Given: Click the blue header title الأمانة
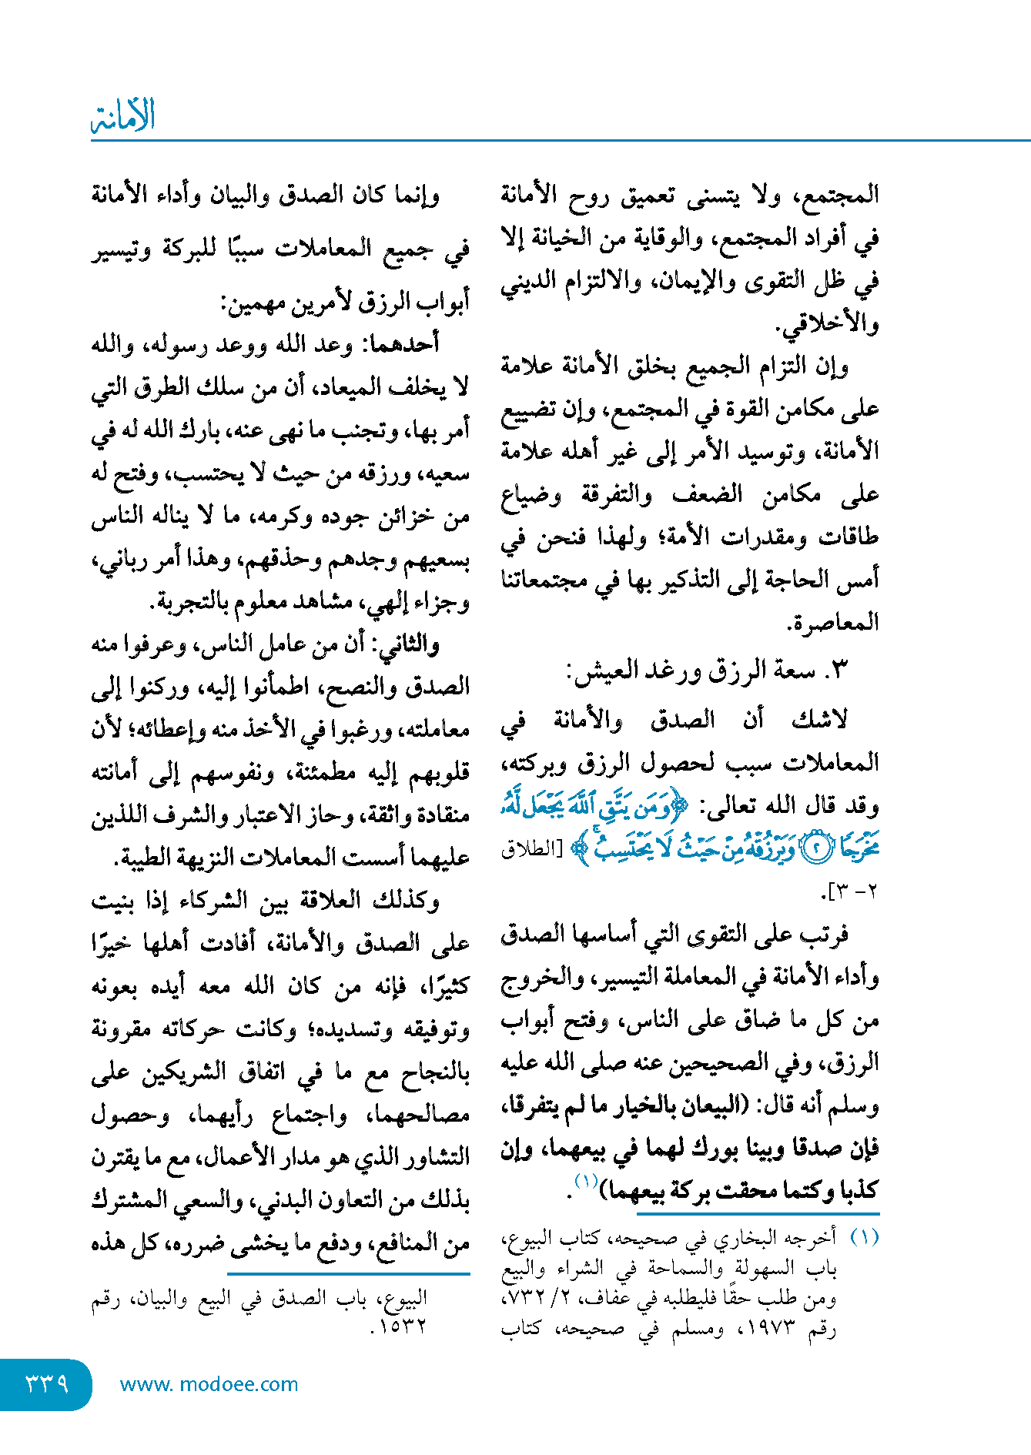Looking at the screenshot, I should [123, 115].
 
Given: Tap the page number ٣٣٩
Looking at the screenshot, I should [47, 1383].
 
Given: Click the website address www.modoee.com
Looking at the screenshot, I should [209, 1384].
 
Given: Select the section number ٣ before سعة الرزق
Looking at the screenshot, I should [839, 670].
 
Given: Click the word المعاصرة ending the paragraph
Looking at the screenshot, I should [835, 622].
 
